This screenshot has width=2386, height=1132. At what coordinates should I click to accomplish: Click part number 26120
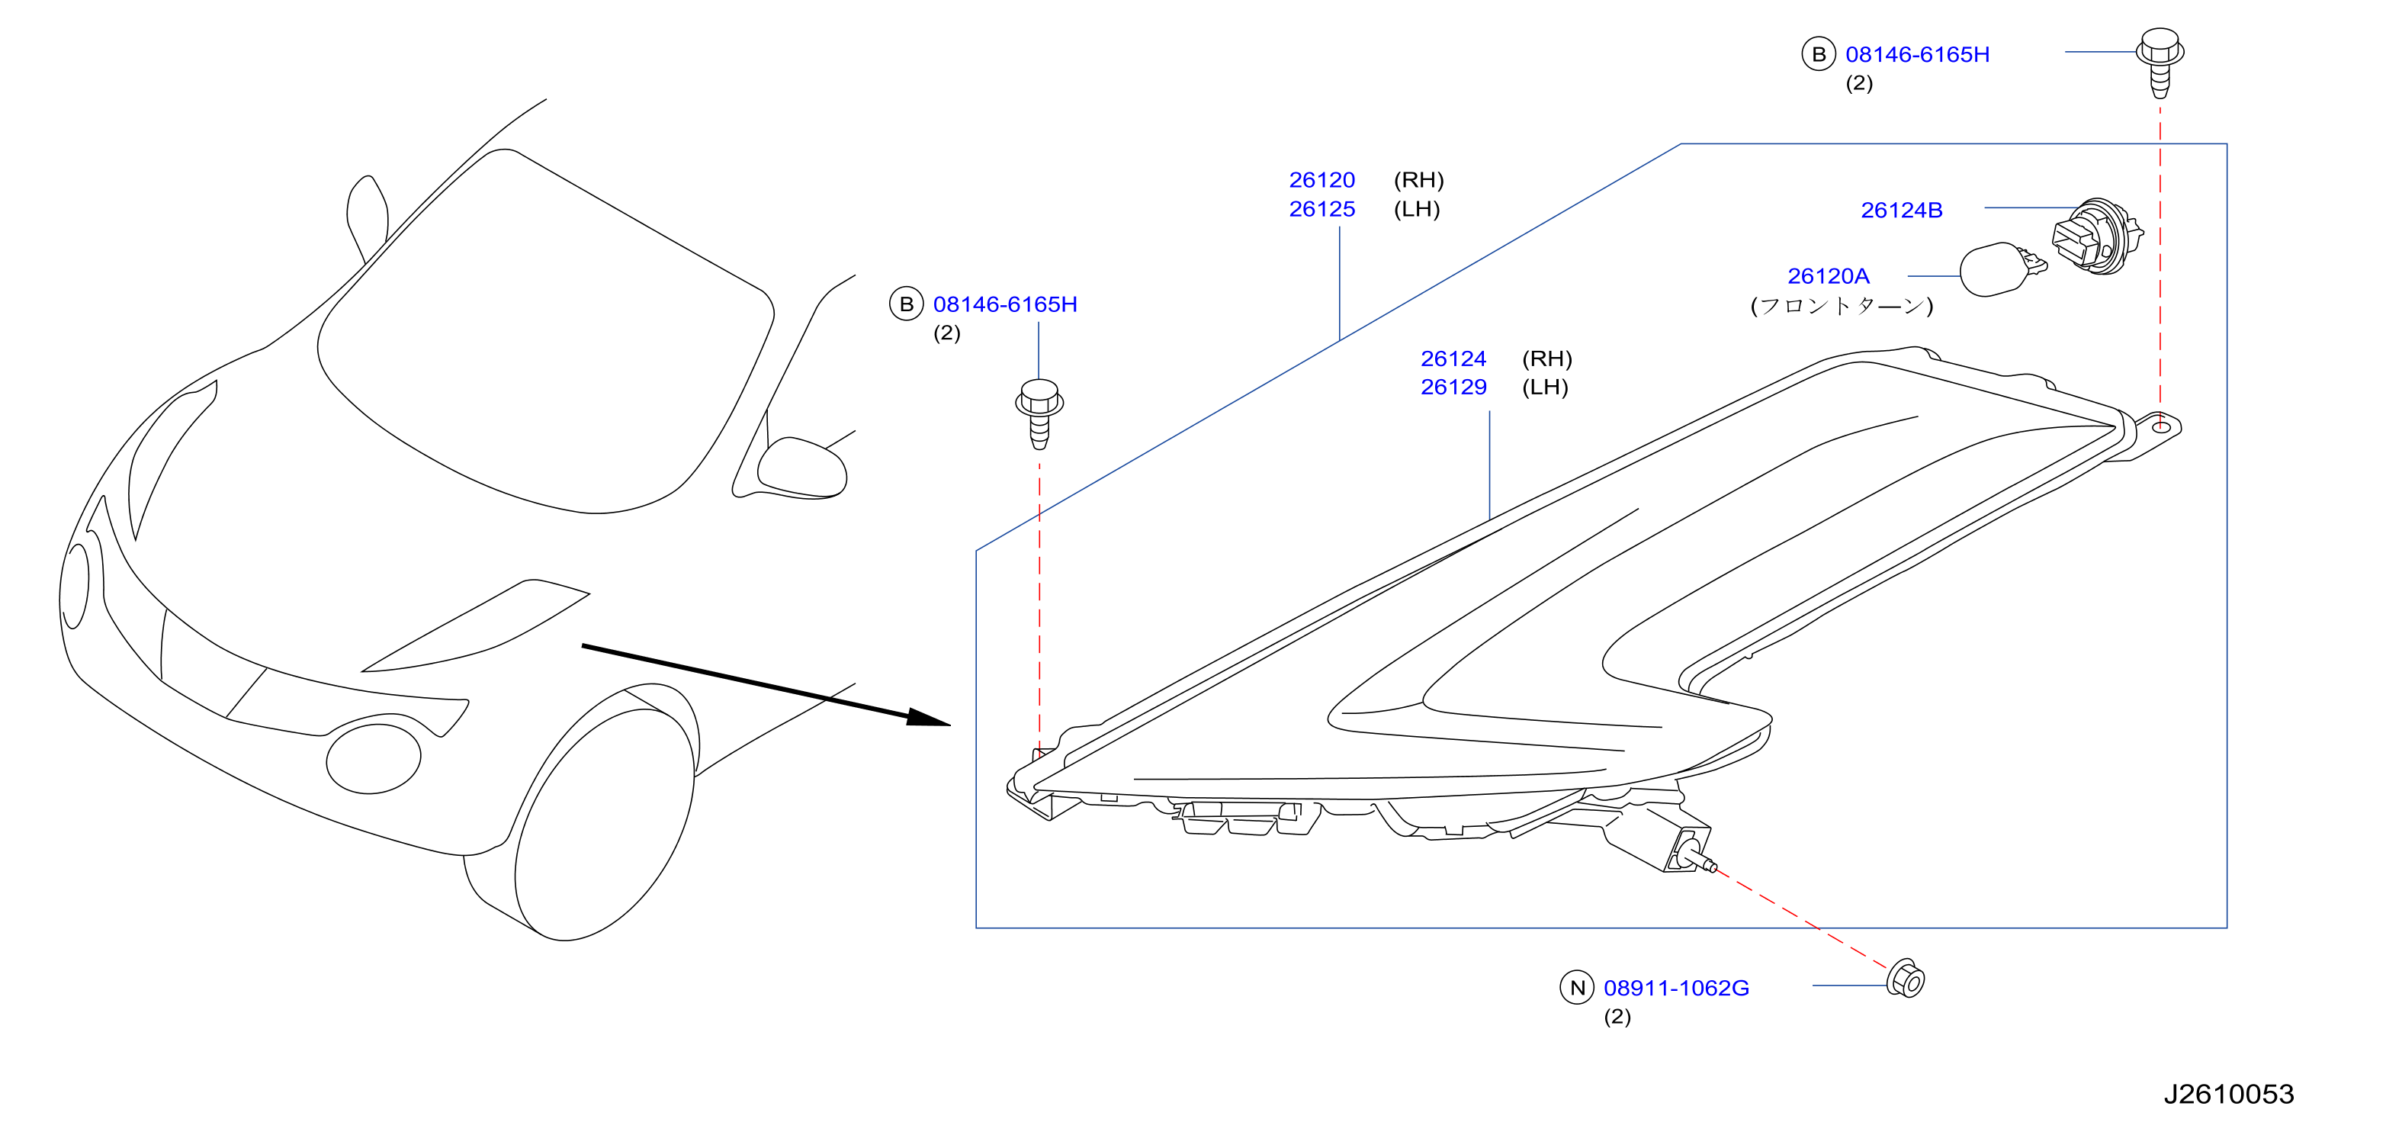click(1321, 180)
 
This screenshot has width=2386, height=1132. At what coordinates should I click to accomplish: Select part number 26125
click(1321, 209)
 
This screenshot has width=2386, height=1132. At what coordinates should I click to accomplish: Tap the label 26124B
click(1902, 211)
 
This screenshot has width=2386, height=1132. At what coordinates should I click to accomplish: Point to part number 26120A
click(1829, 276)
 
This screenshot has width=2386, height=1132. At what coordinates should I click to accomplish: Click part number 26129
click(1453, 388)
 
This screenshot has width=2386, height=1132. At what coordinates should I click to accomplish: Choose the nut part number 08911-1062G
click(1677, 989)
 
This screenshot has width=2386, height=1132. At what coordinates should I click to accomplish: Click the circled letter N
click(1578, 988)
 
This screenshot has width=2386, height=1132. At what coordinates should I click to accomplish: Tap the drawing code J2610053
click(2229, 1094)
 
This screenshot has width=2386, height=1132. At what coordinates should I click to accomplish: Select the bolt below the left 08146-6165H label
click(1039, 413)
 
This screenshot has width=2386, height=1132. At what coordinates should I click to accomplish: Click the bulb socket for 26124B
click(2097, 236)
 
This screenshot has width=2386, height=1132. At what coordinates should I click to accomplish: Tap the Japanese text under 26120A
click(1842, 306)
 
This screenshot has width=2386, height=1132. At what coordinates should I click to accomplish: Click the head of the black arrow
click(928, 718)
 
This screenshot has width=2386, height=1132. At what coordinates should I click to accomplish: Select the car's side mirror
click(801, 468)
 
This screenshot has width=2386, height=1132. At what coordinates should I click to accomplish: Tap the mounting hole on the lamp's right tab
click(2160, 426)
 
